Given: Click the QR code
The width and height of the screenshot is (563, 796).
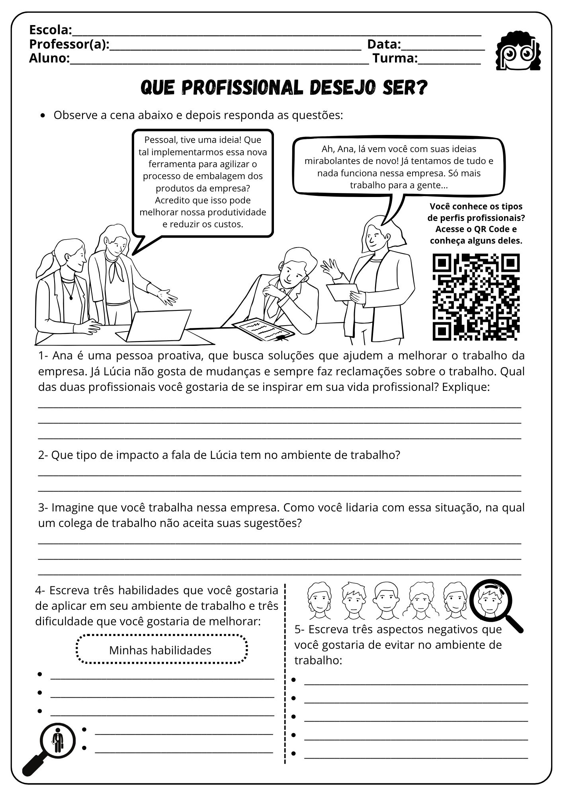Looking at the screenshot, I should coord(476,297).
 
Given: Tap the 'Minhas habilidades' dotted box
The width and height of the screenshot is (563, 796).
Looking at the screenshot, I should coord(160,650).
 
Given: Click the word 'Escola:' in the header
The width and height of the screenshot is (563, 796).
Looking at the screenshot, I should coord(51,30).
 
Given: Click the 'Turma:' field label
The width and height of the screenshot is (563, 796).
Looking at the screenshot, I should coord(395,59).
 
